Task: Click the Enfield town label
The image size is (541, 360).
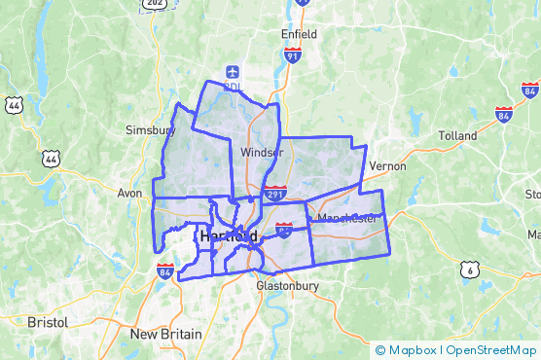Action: pyautogui.click(x=299, y=33)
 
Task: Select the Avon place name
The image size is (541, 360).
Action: pyautogui.click(x=130, y=193)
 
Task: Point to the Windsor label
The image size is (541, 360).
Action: pyautogui.click(x=260, y=152)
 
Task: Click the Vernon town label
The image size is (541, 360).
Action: pyautogui.click(x=386, y=166)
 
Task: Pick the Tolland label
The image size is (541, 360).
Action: pyautogui.click(x=457, y=135)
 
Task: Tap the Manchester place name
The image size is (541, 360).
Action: pyautogui.click(x=346, y=218)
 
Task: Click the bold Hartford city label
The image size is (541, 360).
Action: pyautogui.click(x=229, y=236)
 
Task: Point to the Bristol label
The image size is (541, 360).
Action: pyautogui.click(x=48, y=321)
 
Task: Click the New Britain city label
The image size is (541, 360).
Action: pyautogui.click(x=166, y=334)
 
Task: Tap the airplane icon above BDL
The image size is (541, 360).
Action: pyautogui.click(x=232, y=71)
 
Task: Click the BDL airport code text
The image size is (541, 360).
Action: pyautogui.click(x=232, y=87)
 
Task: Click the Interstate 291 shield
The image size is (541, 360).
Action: pyautogui.click(x=275, y=193)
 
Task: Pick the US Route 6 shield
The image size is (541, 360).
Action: pyautogui.click(x=470, y=270)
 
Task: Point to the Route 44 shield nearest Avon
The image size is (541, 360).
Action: pyautogui.click(x=50, y=157)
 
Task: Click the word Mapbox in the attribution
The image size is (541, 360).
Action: pyautogui.click(x=412, y=350)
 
